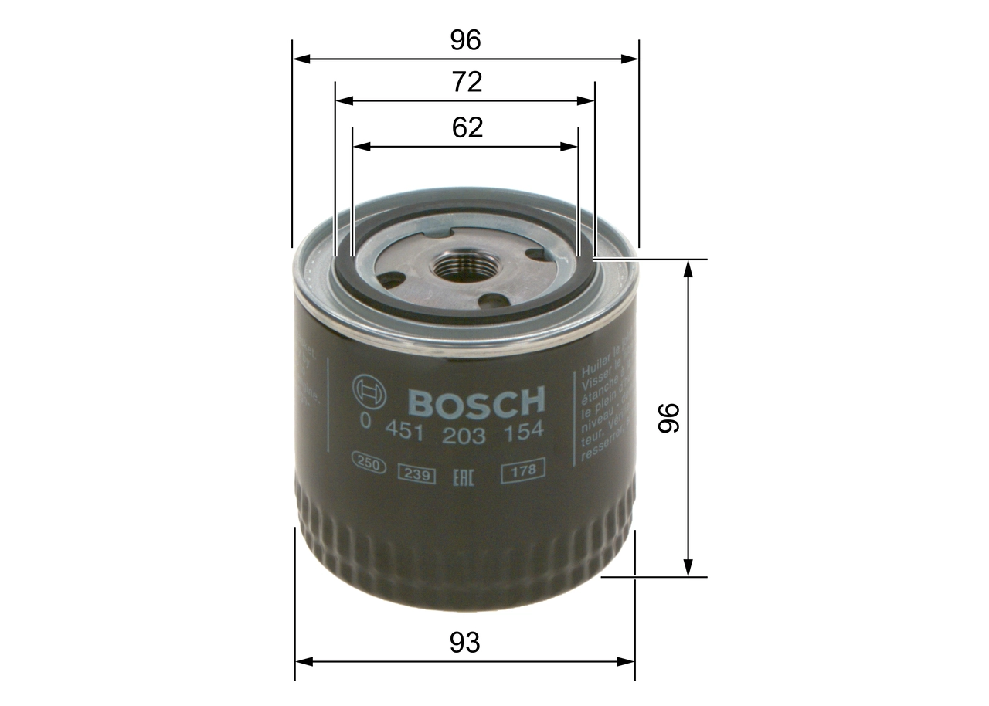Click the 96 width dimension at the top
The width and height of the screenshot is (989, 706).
[x=466, y=41]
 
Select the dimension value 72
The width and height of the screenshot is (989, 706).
[x=466, y=82]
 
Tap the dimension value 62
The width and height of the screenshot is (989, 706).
[x=467, y=127]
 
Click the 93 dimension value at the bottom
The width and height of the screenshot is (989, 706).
[x=465, y=643]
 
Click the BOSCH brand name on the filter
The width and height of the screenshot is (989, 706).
[x=476, y=402]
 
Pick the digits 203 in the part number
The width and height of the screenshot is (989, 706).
[x=464, y=435]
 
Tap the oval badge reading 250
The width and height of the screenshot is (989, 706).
[x=369, y=463]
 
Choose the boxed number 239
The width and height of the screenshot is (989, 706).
[x=416, y=475]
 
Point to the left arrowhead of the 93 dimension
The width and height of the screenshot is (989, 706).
[x=304, y=661]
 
